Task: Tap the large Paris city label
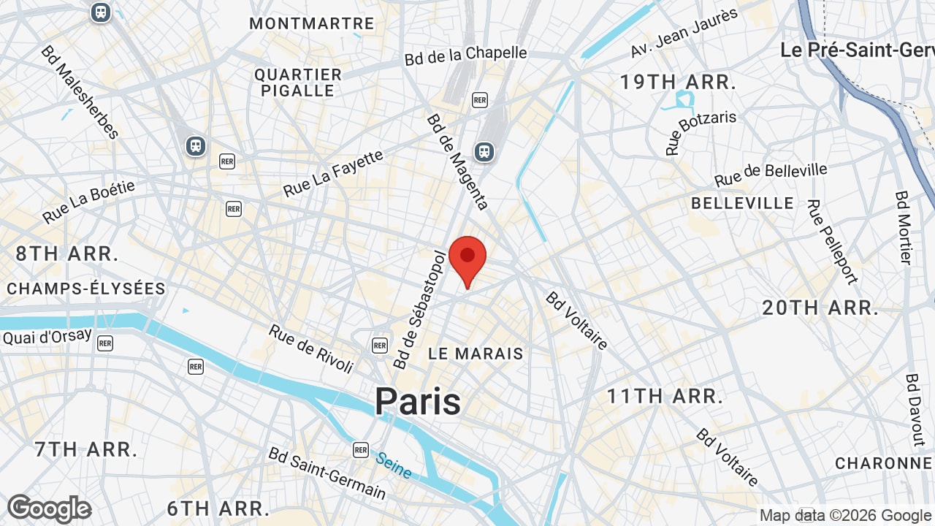418,402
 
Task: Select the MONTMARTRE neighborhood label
312,23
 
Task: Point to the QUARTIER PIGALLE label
298,83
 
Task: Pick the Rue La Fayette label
333,173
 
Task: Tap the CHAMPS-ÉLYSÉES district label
86,289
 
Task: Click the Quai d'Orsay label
47,337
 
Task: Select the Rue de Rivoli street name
311,348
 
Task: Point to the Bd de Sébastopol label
419,310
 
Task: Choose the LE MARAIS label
476,354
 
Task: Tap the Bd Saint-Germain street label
327,473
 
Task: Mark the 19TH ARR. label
678,83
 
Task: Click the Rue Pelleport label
832,241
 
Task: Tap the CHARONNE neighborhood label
884,463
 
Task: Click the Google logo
50,508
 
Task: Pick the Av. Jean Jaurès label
684,32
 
